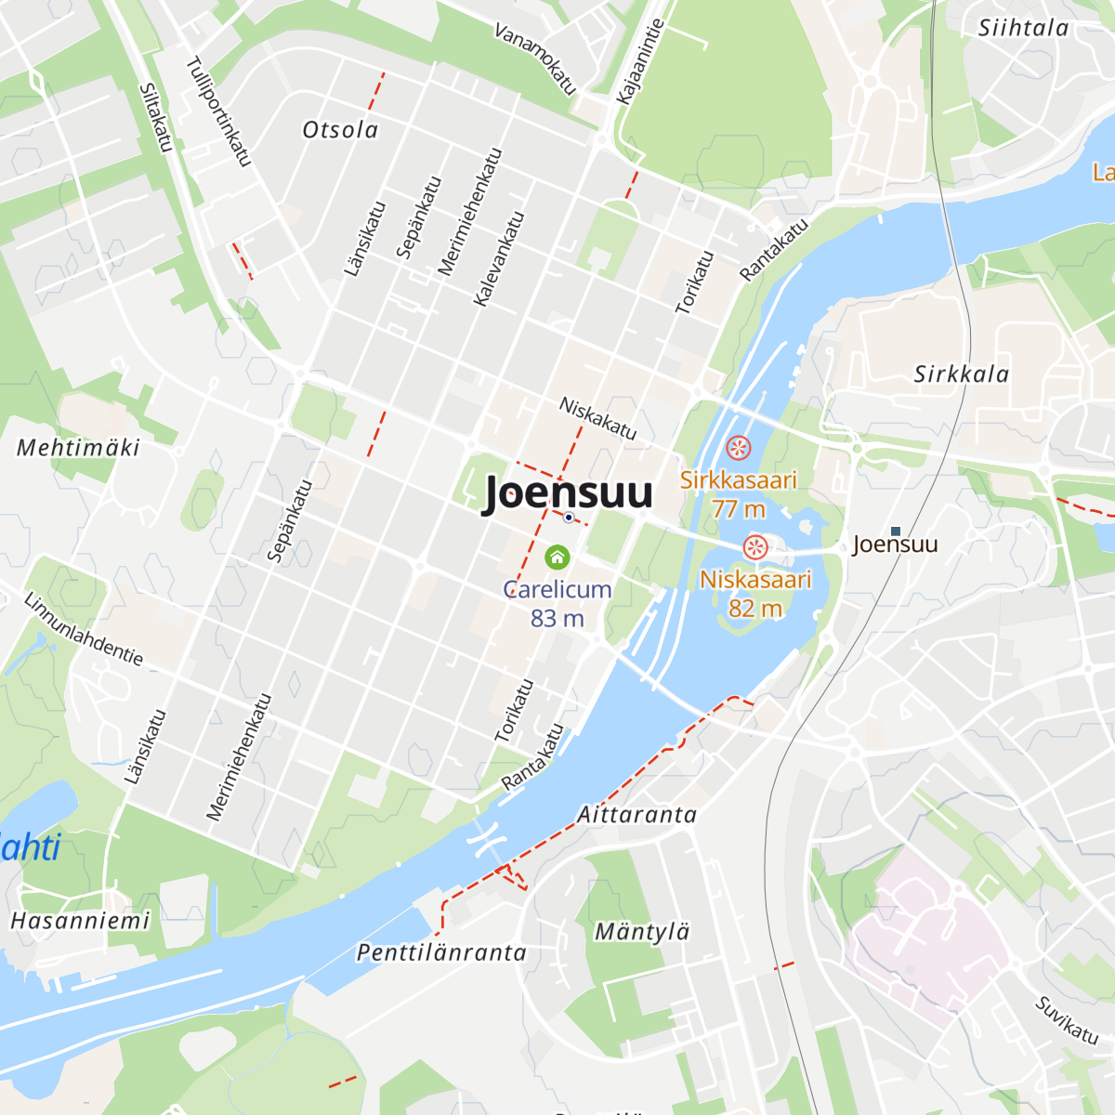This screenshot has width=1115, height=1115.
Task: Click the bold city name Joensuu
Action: (x=568, y=492)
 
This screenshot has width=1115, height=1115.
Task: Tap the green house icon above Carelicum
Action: (x=557, y=557)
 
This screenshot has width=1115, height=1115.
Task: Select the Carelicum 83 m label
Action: (x=557, y=603)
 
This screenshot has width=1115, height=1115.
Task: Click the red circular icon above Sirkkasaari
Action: (x=738, y=448)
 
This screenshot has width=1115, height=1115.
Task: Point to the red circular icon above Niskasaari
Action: (x=755, y=546)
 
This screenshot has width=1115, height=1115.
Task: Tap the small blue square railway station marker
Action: (x=896, y=531)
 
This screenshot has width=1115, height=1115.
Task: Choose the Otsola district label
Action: (x=341, y=130)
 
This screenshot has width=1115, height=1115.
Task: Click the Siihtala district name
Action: (x=1023, y=28)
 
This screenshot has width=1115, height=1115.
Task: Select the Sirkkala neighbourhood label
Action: (x=962, y=374)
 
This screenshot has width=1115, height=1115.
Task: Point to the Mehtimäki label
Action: (x=79, y=448)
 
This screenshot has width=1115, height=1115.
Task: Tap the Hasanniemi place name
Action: (x=80, y=921)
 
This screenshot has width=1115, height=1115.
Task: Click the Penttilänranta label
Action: (x=441, y=952)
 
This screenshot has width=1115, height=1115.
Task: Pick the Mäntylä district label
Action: (x=642, y=932)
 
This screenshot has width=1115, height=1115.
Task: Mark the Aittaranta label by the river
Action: (x=637, y=815)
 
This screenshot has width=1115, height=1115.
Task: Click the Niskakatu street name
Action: (x=597, y=418)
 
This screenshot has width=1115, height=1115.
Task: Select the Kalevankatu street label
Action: (x=499, y=259)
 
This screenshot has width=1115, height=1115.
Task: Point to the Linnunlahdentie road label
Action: (x=84, y=629)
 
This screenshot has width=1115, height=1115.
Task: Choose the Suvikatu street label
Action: (x=1067, y=1019)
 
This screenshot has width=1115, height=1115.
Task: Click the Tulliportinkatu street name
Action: (x=218, y=111)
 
